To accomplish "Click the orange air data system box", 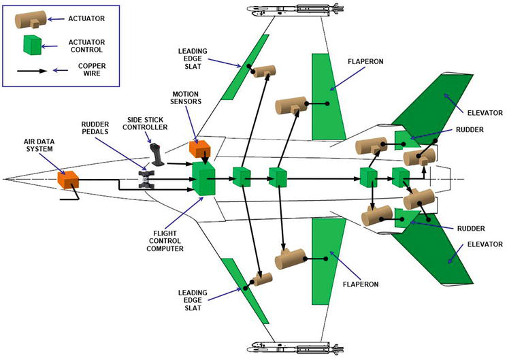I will [x=68, y=181].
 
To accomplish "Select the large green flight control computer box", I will [x=204, y=179].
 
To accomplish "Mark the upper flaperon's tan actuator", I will [x=291, y=106].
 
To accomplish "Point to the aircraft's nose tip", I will [x=5, y=180].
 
